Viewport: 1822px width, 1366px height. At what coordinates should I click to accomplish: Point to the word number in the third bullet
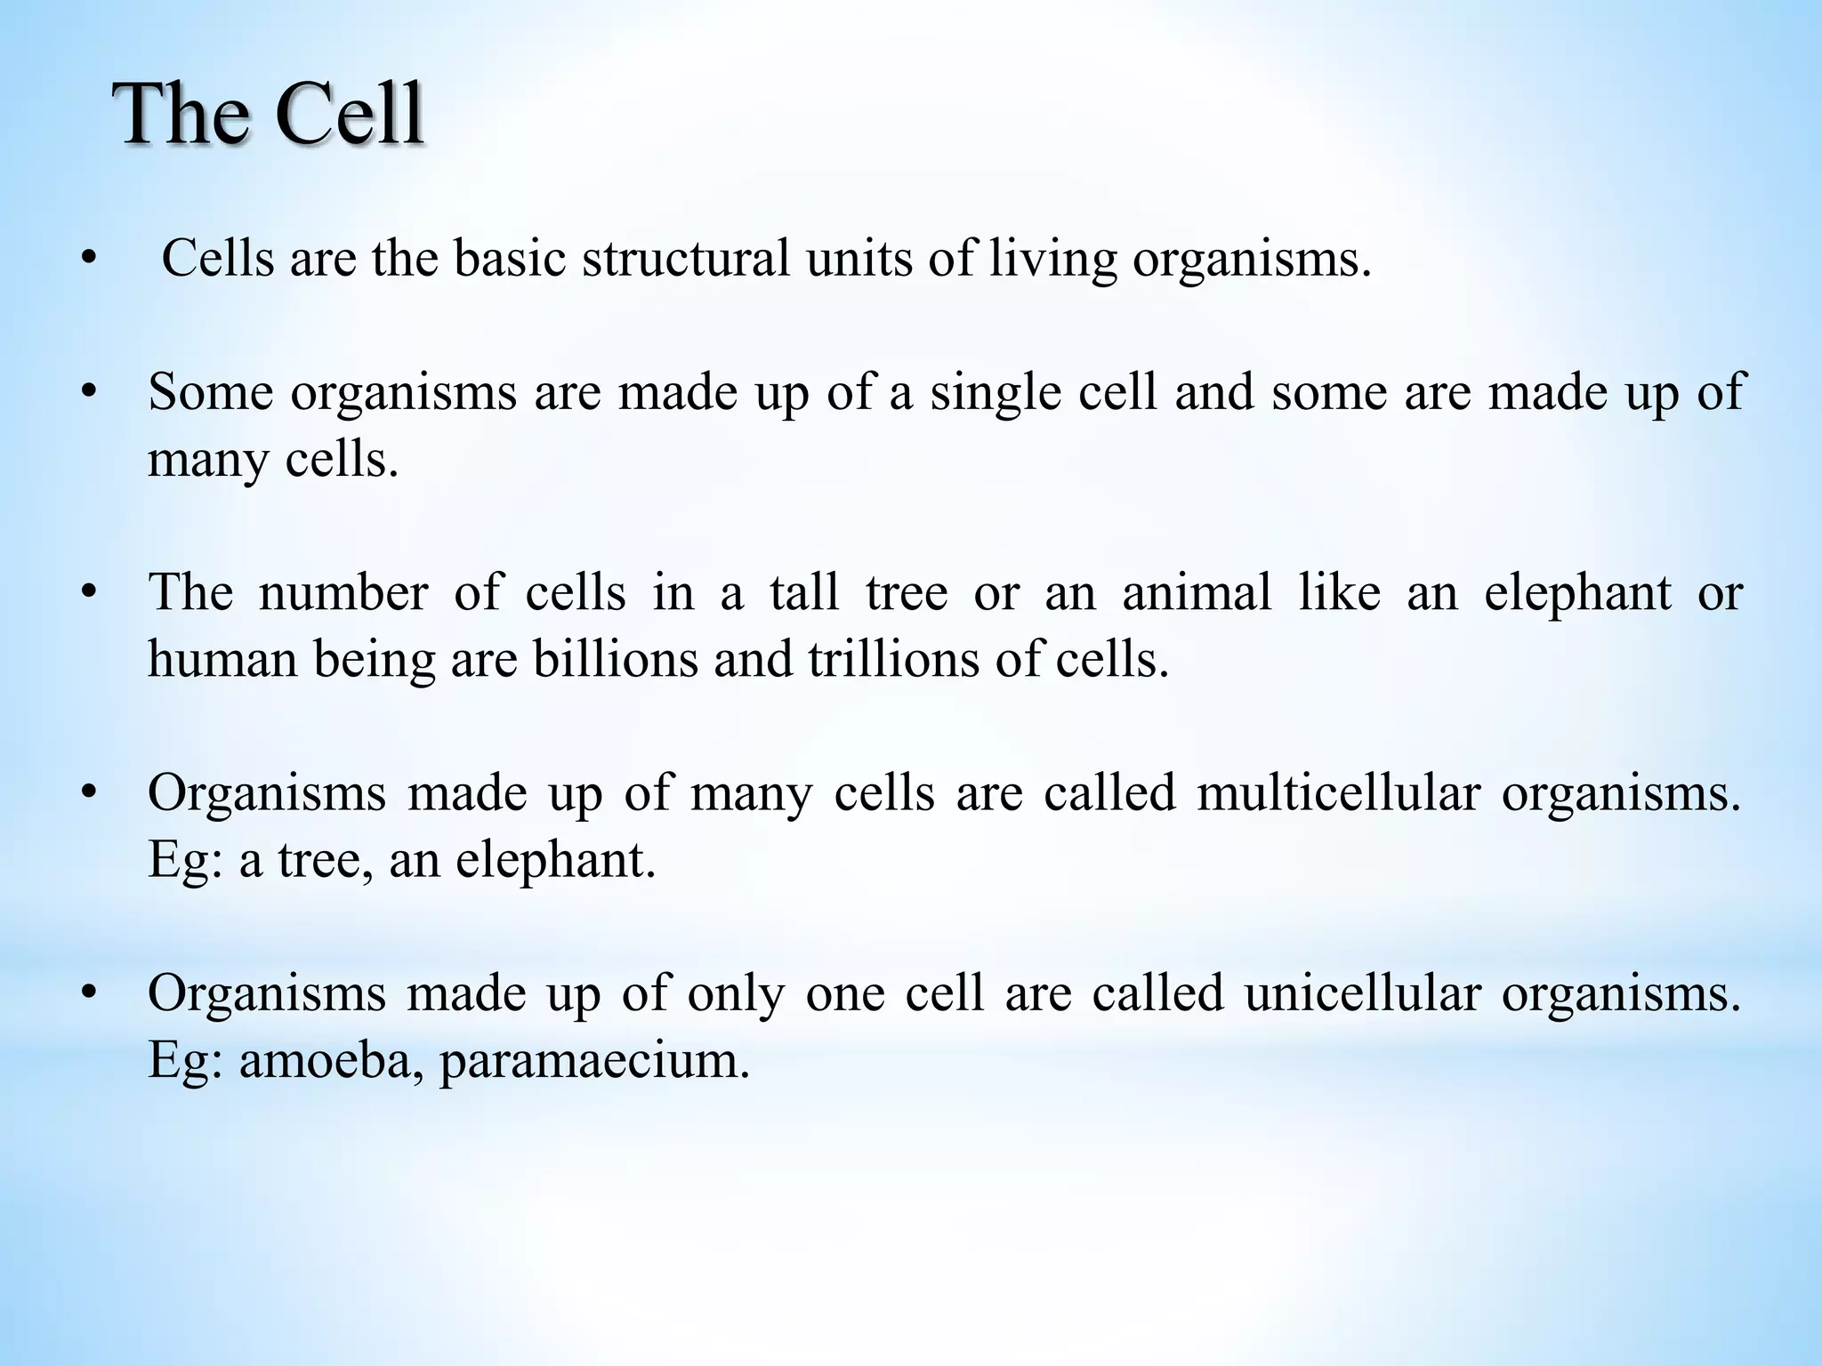click(343, 592)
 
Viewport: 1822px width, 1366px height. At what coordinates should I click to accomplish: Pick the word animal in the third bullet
click(1197, 592)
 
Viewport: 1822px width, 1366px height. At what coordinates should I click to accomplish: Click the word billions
click(616, 660)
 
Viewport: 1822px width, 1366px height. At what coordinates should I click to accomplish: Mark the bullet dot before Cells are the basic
click(87, 261)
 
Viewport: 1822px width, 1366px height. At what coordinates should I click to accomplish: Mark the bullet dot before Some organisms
click(87, 392)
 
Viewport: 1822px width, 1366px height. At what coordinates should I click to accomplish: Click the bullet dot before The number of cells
click(87, 592)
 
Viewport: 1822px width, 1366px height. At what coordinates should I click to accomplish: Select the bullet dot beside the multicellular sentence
click(87, 792)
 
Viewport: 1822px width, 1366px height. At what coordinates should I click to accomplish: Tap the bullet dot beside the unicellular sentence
click(87, 992)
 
